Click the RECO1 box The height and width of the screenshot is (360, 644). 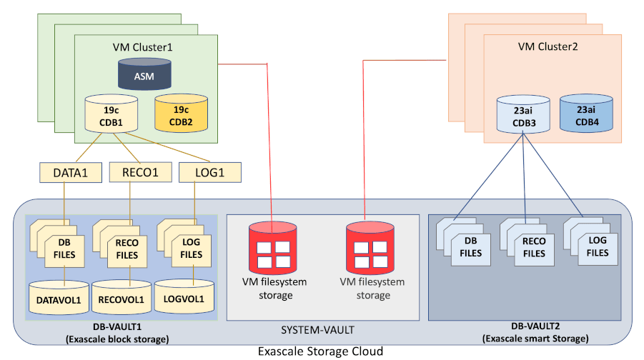coord(134,173)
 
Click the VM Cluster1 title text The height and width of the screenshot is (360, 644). coord(143,47)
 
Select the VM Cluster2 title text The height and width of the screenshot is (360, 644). coord(548,47)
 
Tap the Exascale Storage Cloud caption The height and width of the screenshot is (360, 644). coord(321,351)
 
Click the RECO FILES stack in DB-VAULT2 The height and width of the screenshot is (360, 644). coord(533,246)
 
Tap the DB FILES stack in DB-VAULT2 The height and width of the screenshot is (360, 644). coord(470,246)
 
